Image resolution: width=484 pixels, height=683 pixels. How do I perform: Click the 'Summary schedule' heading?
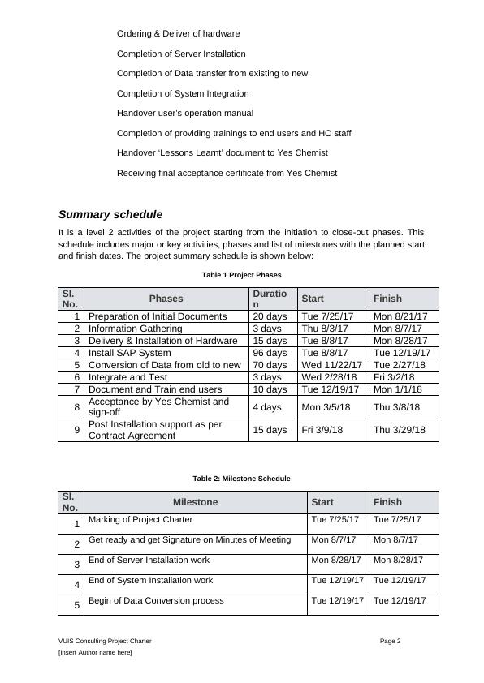coord(110,215)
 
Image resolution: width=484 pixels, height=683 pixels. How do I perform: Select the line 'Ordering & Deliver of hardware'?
coord(178,34)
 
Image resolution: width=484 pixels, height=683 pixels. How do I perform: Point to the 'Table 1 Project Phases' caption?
coord(241,276)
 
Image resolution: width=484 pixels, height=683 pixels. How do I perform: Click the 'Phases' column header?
coord(166,299)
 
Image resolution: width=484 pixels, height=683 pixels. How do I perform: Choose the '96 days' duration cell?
coord(269,353)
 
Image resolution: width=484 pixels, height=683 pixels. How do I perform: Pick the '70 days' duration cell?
coord(269,365)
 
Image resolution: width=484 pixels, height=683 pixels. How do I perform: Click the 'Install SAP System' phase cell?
coord(129,353)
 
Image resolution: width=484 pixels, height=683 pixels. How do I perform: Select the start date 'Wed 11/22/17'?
coord(331,365)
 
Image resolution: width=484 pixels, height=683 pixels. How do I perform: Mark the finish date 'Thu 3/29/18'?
coord(400,430)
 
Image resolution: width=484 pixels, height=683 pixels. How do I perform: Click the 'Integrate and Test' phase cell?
coord(127,377)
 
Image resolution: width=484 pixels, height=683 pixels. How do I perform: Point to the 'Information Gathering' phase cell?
coord(135,329)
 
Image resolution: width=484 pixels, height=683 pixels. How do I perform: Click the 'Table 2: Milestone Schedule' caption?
coord(241,479)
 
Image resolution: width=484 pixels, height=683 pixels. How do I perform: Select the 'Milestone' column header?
coord(195,502)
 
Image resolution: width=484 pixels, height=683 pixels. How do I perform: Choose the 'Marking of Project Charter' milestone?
coord(140,519)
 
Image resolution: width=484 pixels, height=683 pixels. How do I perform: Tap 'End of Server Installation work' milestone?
coord(149,560)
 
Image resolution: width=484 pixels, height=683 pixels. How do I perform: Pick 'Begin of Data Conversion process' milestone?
coord(156,601)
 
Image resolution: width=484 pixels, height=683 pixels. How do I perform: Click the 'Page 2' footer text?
coord(390,641)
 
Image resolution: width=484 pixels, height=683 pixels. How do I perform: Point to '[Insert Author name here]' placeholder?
coord(95,653)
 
